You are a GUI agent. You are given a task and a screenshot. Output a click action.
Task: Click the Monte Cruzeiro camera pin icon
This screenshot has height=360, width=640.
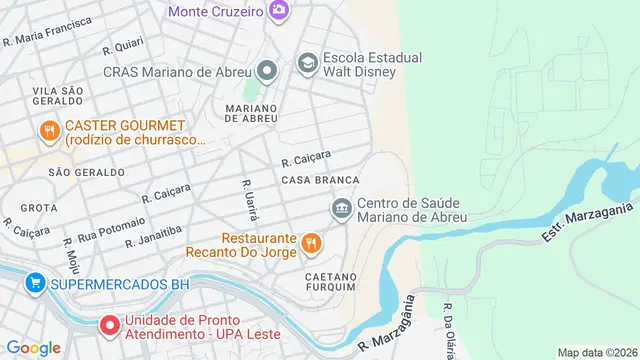[278, 11]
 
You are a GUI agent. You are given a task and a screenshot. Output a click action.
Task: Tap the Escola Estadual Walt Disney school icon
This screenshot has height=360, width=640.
[307, 64]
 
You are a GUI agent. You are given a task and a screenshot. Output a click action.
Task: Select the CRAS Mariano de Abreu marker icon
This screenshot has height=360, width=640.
[267, 71]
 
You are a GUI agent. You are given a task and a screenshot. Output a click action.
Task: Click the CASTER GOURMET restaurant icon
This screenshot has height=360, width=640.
[48, 131]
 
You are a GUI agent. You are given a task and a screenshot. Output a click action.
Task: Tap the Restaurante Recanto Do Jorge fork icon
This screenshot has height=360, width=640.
[311, 241]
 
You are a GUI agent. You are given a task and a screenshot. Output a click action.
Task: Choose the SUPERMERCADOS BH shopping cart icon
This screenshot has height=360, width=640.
[35, 284]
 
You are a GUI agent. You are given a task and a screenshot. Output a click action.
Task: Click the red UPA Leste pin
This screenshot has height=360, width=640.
[108, 326]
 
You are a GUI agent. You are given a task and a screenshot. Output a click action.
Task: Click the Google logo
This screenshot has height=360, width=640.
[33, 347]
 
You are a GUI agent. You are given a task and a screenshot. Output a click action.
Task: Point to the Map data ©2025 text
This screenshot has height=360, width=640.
[596, 352]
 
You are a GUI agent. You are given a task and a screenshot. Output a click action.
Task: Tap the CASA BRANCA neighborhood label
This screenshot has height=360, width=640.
[320, 180]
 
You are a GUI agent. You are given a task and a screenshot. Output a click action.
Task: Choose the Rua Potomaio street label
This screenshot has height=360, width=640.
[111, 227]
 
